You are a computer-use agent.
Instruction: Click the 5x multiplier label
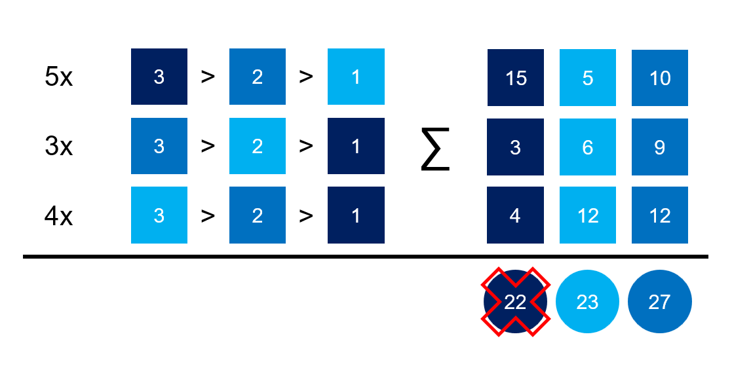[x=58, y=77]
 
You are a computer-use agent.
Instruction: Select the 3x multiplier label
[x=58, y=146]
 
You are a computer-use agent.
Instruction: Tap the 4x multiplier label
[x=58, y=215]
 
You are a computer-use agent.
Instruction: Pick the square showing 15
[x=516, y=77]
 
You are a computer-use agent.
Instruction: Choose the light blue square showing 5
[x=587, y=77]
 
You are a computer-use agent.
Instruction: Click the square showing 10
[x=659, y=77]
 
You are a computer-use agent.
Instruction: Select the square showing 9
[x=659, y=147]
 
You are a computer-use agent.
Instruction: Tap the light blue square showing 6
[x=587, y=147]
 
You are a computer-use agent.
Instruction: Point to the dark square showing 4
[x=516, y=215]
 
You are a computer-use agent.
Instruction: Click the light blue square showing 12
[x=587, y=215]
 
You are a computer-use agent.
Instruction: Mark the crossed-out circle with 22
[x=516, y=301]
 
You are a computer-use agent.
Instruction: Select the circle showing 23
[x=587, y=301]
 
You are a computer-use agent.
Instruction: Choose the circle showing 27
[x=659, y=301]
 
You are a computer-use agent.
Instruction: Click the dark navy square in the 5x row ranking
[x=159, y=77]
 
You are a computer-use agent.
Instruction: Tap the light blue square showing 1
[x=356, y=77]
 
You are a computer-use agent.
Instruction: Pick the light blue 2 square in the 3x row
[x=258, y=146]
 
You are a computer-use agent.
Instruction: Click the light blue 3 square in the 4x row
[x=159, y=215]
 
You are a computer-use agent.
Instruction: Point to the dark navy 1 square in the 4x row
[x=356, y=215]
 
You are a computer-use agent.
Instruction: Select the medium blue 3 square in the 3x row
[x=159, y=146]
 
